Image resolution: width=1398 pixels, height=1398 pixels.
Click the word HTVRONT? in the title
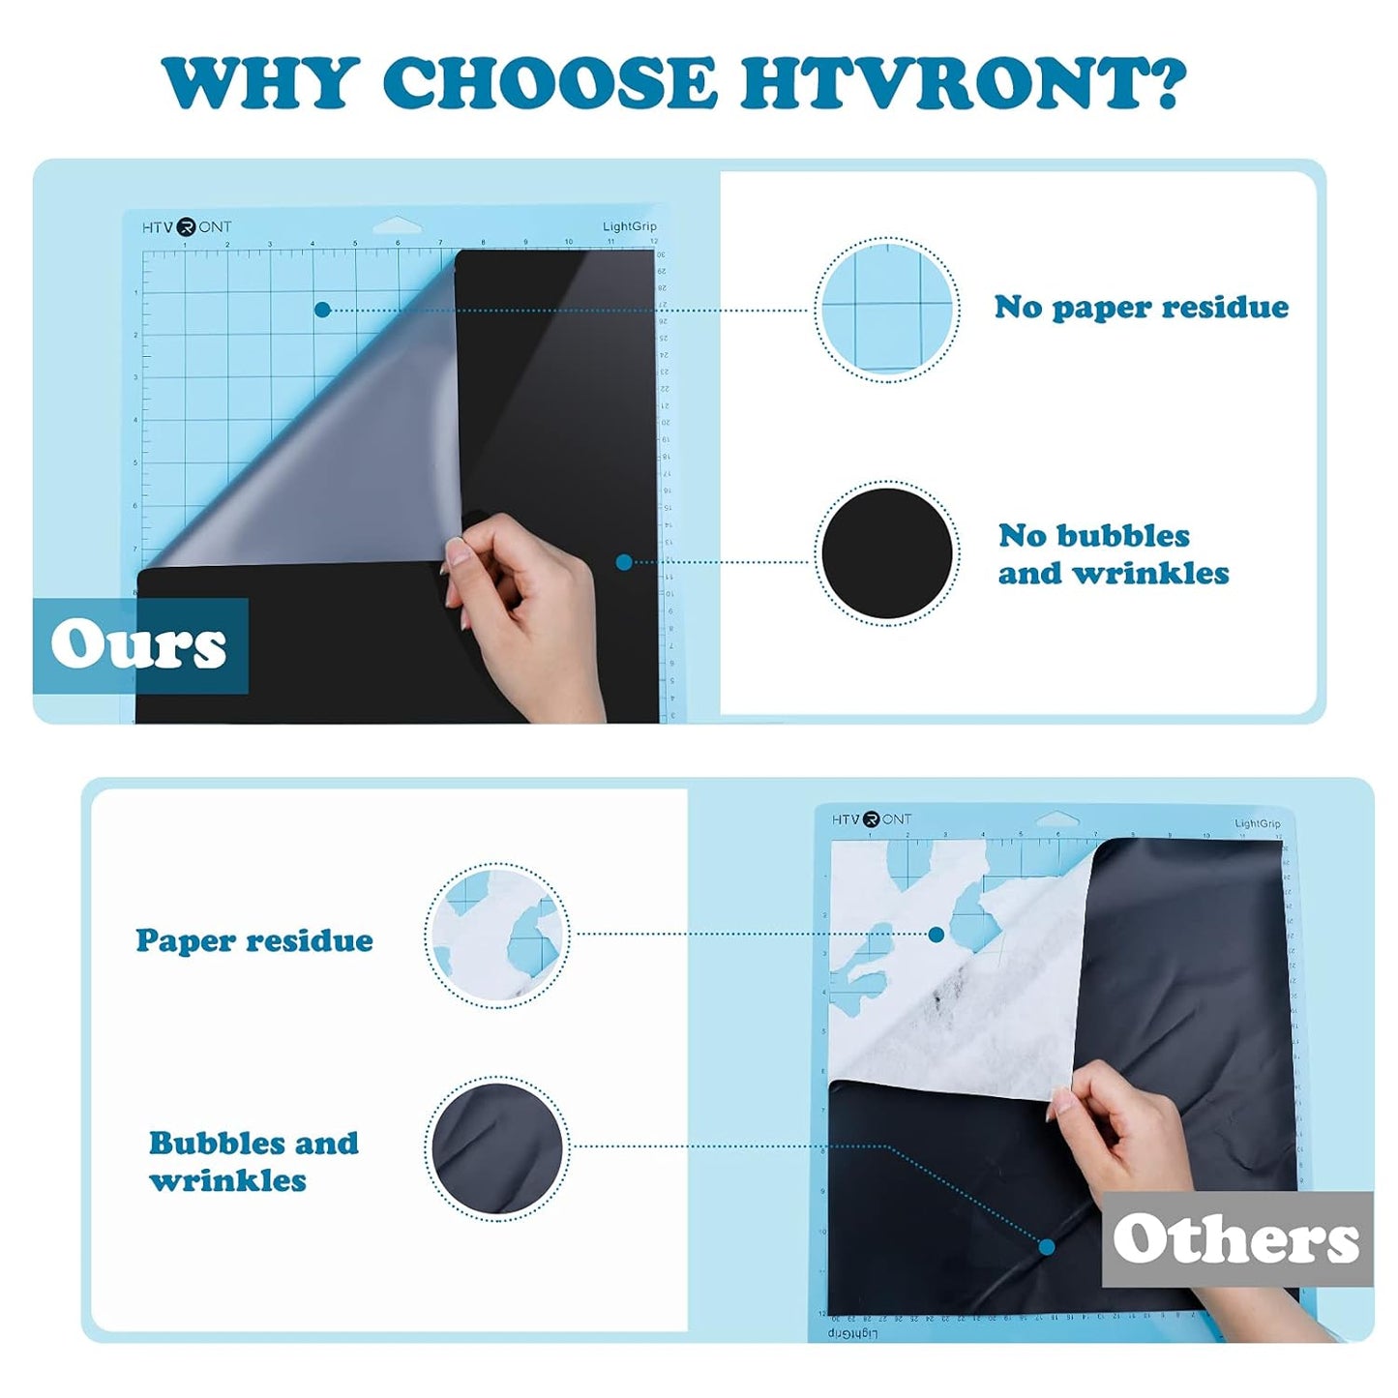pos(963,83)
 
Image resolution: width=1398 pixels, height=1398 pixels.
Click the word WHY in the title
pos(260,83)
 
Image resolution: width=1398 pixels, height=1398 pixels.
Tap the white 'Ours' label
pos(139,645)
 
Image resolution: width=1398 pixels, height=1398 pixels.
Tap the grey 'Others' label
pos(1236,1239)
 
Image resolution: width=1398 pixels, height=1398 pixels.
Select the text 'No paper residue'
pos(1142,308)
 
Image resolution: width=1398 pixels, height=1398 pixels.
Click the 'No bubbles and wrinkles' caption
pos(1113,554)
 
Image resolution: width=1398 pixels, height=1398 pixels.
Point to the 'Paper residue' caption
pos(254,940)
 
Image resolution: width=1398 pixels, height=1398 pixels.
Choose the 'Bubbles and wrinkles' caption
pos(253,1161)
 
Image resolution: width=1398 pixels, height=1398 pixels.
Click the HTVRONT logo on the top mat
pos(187,227)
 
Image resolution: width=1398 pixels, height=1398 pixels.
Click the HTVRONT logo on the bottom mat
pos(872,819)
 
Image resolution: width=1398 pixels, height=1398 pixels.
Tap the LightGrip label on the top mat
pos(629,226)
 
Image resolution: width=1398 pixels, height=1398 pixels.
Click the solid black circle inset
pos(887,553)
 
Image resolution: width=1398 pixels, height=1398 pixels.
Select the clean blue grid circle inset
pos(887,309)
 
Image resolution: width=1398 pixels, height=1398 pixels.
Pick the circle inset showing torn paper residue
pos(497,936)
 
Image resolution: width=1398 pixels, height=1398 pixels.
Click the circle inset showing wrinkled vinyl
pos(497,1148)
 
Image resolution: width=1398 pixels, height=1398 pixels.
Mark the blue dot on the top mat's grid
pos(323,310)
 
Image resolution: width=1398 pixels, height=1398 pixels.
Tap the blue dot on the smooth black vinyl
pos(624,562)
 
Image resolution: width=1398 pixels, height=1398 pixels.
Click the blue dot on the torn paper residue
pos(936,935)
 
